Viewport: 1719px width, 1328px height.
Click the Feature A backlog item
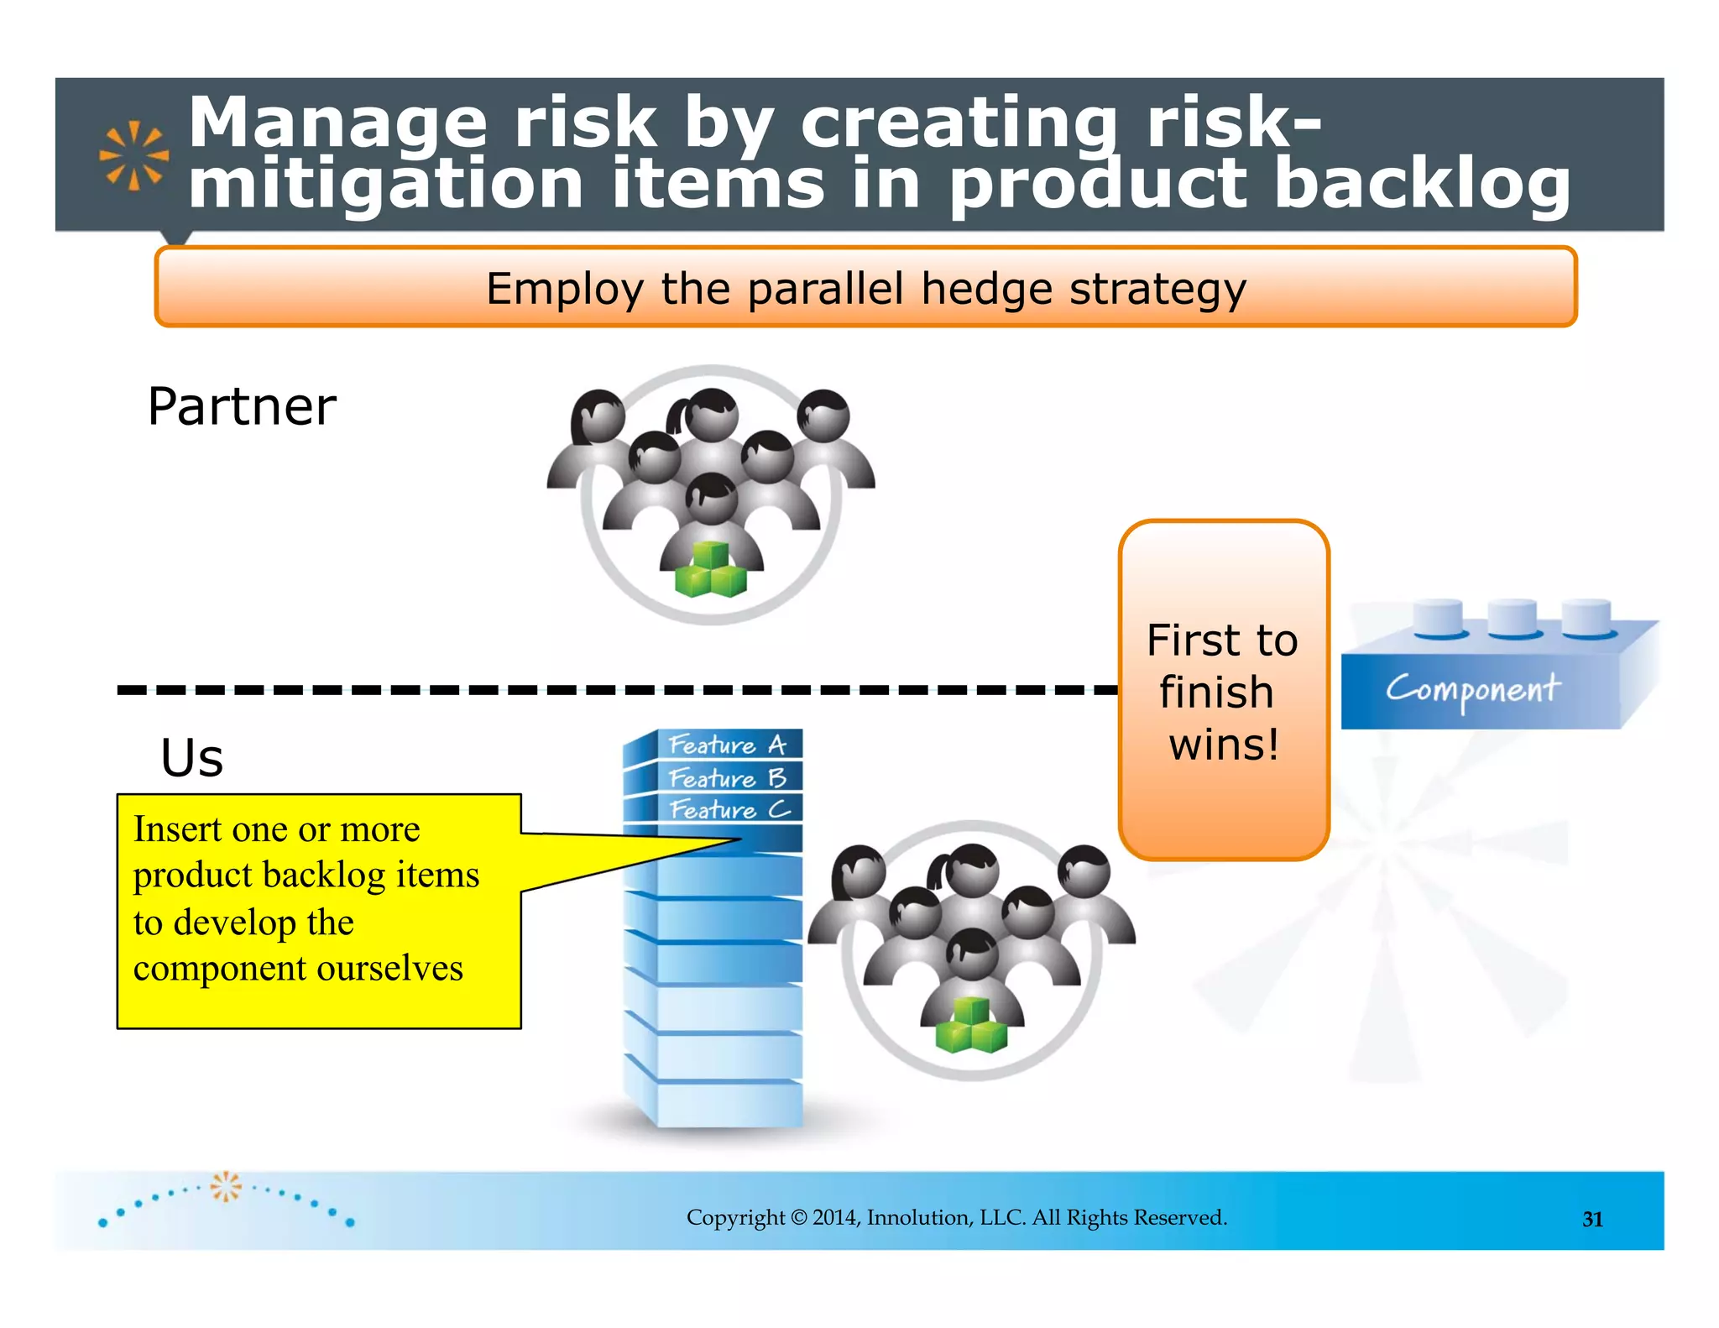(727, 745)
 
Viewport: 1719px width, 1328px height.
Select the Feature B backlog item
(727, 778)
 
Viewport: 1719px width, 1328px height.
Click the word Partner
(242, 407)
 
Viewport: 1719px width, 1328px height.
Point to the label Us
(192, 758)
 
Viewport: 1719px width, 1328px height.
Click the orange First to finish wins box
(1223, 690)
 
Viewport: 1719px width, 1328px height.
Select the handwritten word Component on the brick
(1472, 689)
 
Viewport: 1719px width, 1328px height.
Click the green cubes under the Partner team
(710, 570)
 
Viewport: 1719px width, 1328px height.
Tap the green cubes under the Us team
(971, 1025)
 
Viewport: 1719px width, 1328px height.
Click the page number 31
(1592, 1219)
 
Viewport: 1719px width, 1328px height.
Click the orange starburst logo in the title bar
(133, 155)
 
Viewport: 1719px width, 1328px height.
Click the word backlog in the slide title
(1422, 184)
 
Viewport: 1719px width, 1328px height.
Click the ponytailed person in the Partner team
(708, 416)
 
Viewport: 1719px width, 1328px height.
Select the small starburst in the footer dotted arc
(225, 1185)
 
